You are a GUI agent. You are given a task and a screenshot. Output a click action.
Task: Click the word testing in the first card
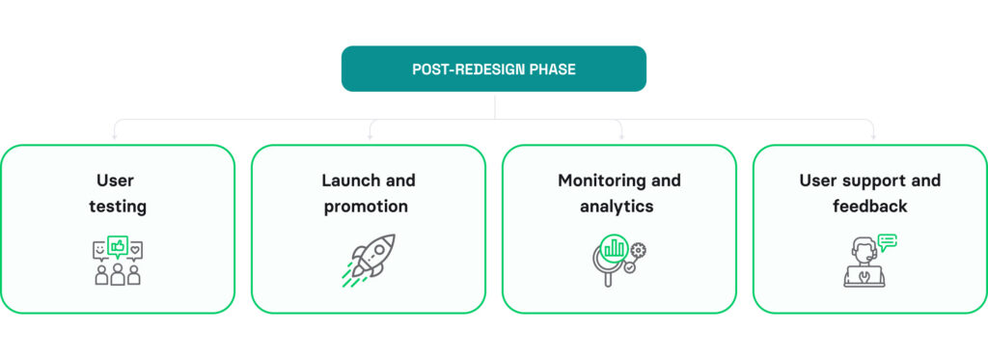tap(117, 207)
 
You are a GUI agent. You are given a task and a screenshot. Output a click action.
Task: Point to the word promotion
tap(366, 207)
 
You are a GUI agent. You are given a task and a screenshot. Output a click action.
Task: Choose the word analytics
tap(617, 207)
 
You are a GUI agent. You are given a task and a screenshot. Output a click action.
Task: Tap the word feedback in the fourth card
tap(869, 207)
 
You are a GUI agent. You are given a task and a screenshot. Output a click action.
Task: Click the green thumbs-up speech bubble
tap(118, 246)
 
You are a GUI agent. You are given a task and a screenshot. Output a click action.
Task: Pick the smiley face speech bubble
tap(99, 251)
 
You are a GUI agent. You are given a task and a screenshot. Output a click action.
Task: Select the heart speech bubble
tap(136, 250)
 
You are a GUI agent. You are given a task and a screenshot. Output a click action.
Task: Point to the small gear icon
tap(638, 250)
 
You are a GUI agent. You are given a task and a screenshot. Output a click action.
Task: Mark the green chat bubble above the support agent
tap(888, 240)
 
